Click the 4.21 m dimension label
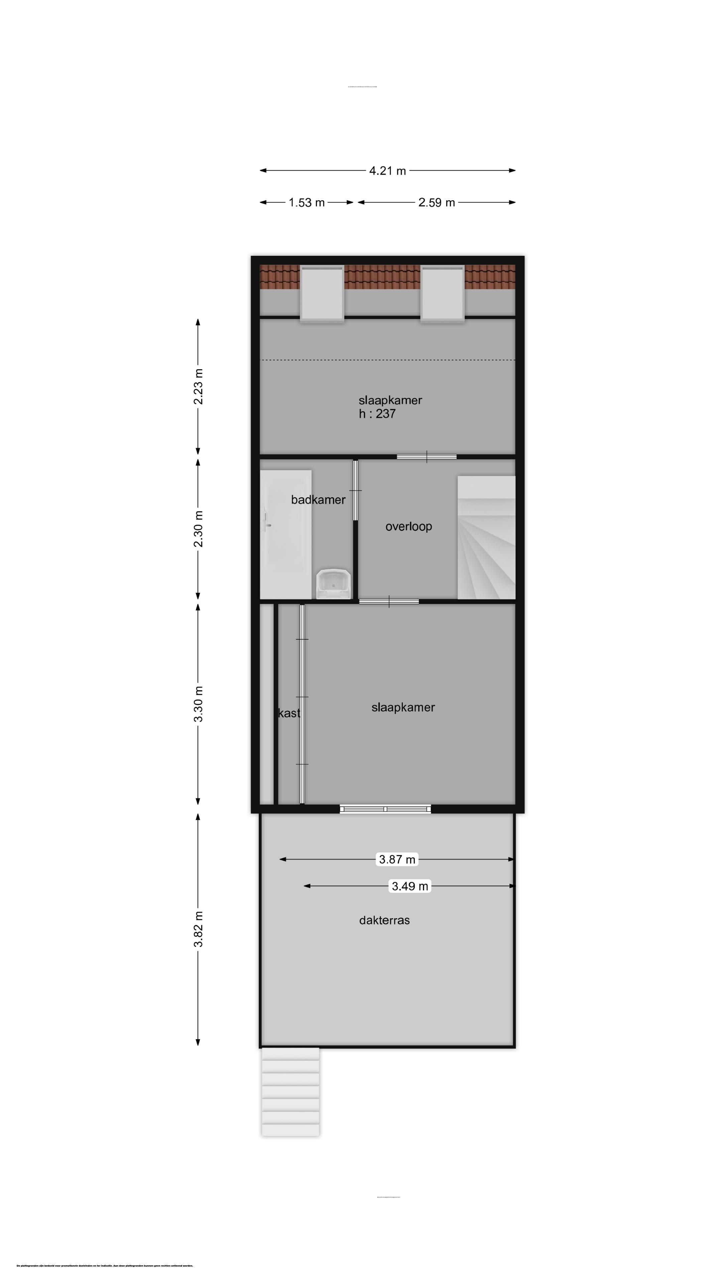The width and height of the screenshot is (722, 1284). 387,171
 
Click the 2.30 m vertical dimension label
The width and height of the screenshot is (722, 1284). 198,529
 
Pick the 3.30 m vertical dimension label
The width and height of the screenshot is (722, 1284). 198,704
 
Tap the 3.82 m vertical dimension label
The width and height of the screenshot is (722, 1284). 198,929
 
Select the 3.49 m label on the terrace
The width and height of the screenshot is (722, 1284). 409,886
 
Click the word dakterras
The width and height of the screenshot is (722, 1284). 384,921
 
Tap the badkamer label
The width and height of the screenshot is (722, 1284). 318,500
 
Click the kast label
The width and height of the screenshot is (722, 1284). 289,713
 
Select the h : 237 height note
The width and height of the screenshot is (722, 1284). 377,414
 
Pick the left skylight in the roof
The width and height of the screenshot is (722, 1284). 321,294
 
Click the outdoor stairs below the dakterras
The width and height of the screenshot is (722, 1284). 290,1092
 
